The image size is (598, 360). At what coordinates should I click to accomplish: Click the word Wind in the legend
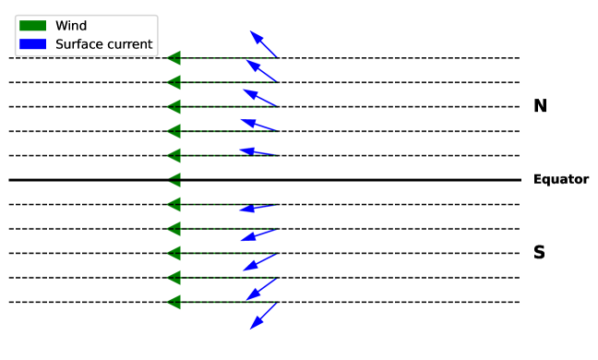tap(71, 26)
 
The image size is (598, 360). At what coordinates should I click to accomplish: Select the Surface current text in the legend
tap(103, 44)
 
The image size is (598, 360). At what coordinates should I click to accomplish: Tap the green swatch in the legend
tap(32, 26)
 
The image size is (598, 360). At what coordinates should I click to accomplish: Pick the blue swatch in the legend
tap(32, 44)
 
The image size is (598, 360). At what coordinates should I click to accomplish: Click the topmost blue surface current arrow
tap(263, 44)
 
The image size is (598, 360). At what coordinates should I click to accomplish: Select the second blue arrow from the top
tap(261, 70)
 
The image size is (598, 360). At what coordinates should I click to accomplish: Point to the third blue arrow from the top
tap(259, 97)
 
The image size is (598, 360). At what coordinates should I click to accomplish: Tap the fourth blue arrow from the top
tap(258, 124)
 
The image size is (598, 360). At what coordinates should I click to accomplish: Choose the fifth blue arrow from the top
tap(257, 151)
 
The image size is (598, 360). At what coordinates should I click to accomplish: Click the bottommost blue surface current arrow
tap(263, 316)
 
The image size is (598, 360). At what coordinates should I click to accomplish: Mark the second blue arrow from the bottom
tap(261, 290)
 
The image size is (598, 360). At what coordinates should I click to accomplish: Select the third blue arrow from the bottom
tap(259, 263)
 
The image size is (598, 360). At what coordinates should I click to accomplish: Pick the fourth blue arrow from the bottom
tap(258, 235)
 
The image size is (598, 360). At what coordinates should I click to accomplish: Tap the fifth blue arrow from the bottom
tap(257, 208)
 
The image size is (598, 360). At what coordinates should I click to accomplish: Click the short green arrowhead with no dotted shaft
tap(174, 180)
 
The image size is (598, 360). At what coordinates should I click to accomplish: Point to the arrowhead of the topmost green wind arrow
tap(173, 58)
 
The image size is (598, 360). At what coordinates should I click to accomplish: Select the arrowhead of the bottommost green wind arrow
tap(173, 302)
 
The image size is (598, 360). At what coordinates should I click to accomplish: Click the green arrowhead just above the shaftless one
tap(173, 155)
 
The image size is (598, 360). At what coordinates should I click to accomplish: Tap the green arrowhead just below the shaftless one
tap(173, 204)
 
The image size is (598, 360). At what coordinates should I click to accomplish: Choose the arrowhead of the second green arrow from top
tap(173, 82)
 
